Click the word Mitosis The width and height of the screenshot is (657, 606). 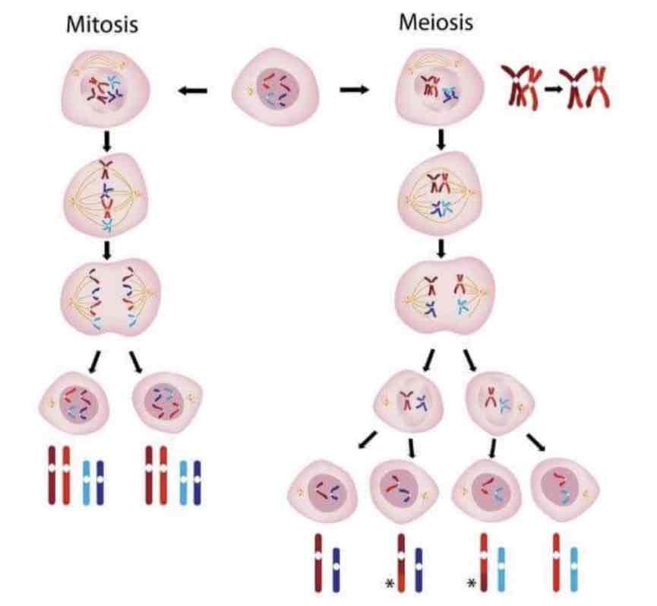[103, 24]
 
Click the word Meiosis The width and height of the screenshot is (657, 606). [435, 22]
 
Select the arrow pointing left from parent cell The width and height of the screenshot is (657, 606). [193, 91]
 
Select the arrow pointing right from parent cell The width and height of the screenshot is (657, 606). [353, 90]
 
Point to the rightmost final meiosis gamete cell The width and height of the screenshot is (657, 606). [564, 491]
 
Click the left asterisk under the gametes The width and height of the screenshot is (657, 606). [390, 583]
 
